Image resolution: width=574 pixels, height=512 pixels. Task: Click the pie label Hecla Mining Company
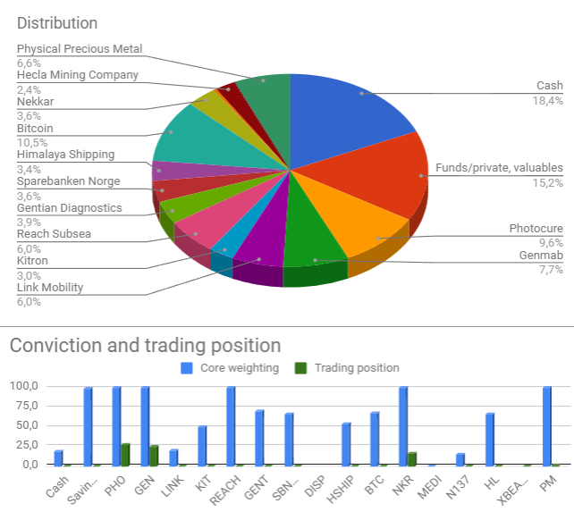(x=78, y=75)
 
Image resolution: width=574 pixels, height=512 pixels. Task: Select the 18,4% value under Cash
(x=548, y=100)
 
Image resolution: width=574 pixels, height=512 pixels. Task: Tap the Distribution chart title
(x=57, y=23)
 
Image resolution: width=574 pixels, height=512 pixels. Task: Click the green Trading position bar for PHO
(x=125, y=455)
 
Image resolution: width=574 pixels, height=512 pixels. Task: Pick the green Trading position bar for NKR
(x=412, y=458)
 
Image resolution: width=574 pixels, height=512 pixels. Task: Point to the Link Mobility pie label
(x=50, y=287)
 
